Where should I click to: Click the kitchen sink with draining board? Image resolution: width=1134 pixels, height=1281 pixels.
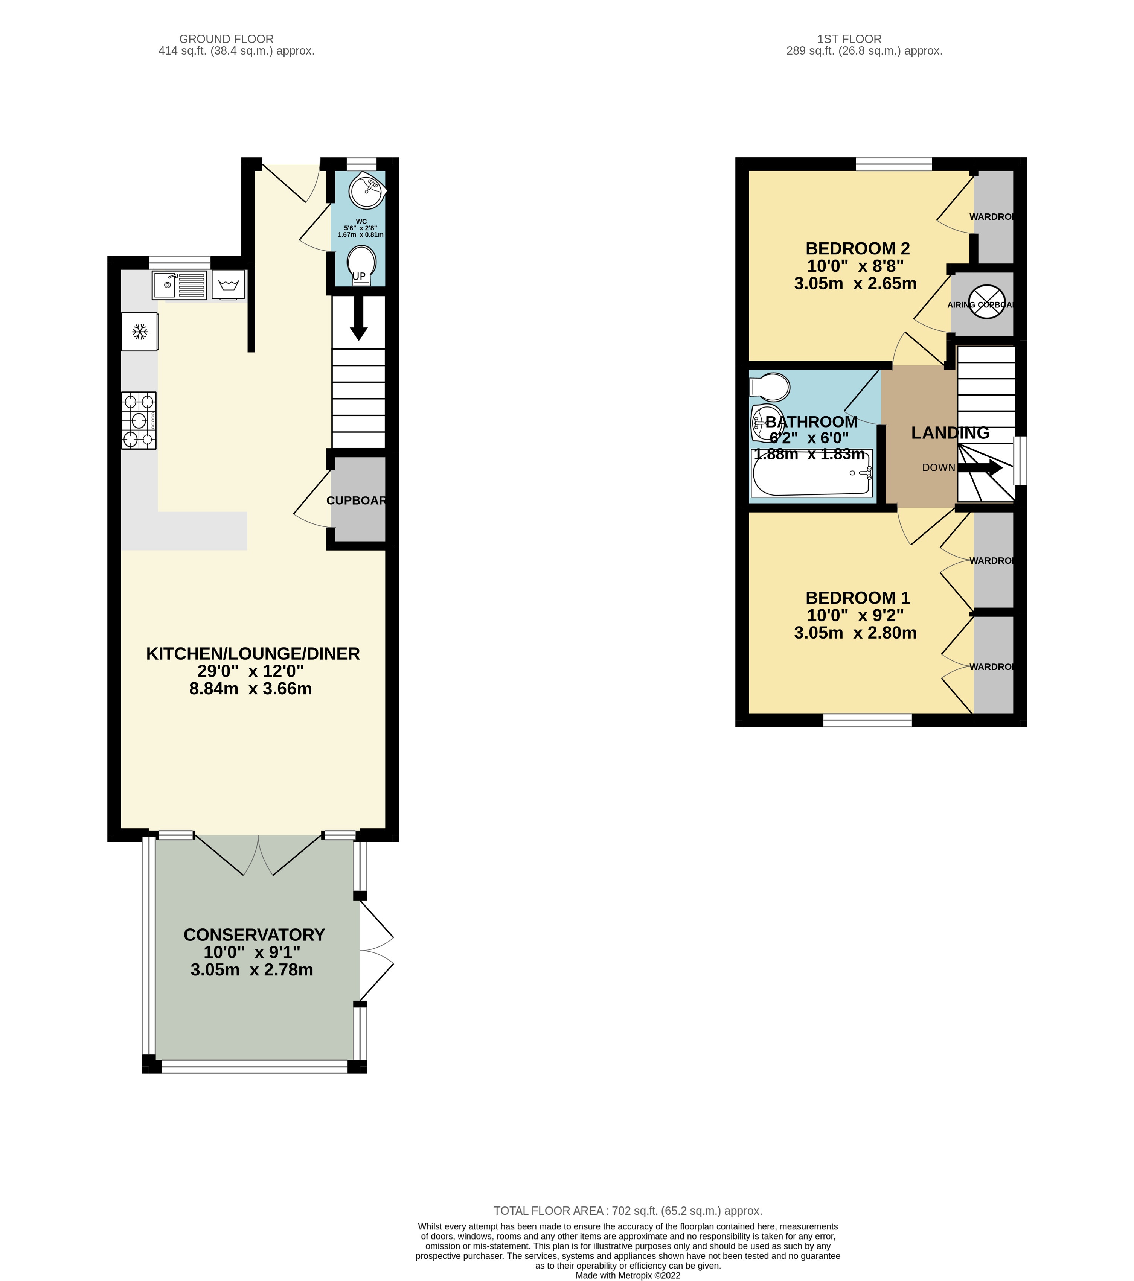(x=179, y=285)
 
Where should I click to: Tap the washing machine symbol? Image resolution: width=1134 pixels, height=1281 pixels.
(x=228, y=286)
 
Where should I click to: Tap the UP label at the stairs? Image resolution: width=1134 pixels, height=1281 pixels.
(x=358, y=276)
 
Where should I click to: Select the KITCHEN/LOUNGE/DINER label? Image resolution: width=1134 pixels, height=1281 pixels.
(x=253, y=654)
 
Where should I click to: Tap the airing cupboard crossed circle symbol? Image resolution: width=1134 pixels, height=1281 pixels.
(x=987, y=302)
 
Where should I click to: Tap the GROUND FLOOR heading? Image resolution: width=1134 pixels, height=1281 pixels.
(x=226, y=39)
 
